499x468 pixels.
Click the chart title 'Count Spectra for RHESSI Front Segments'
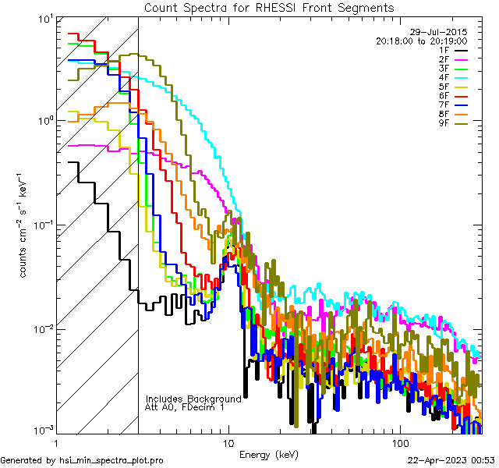(x=269, y=8)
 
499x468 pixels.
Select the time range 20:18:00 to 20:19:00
(x=421, y=41)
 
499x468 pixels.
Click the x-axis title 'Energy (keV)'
(x=269, y=454)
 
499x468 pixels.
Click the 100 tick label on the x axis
(x=399, y=441)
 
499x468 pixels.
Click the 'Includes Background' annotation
(x=193, y=399)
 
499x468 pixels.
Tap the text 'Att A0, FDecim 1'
(x=185, y=407)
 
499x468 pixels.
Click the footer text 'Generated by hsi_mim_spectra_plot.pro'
(x=82, y=460)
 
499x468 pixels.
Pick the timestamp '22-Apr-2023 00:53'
(x=452, y=460)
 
